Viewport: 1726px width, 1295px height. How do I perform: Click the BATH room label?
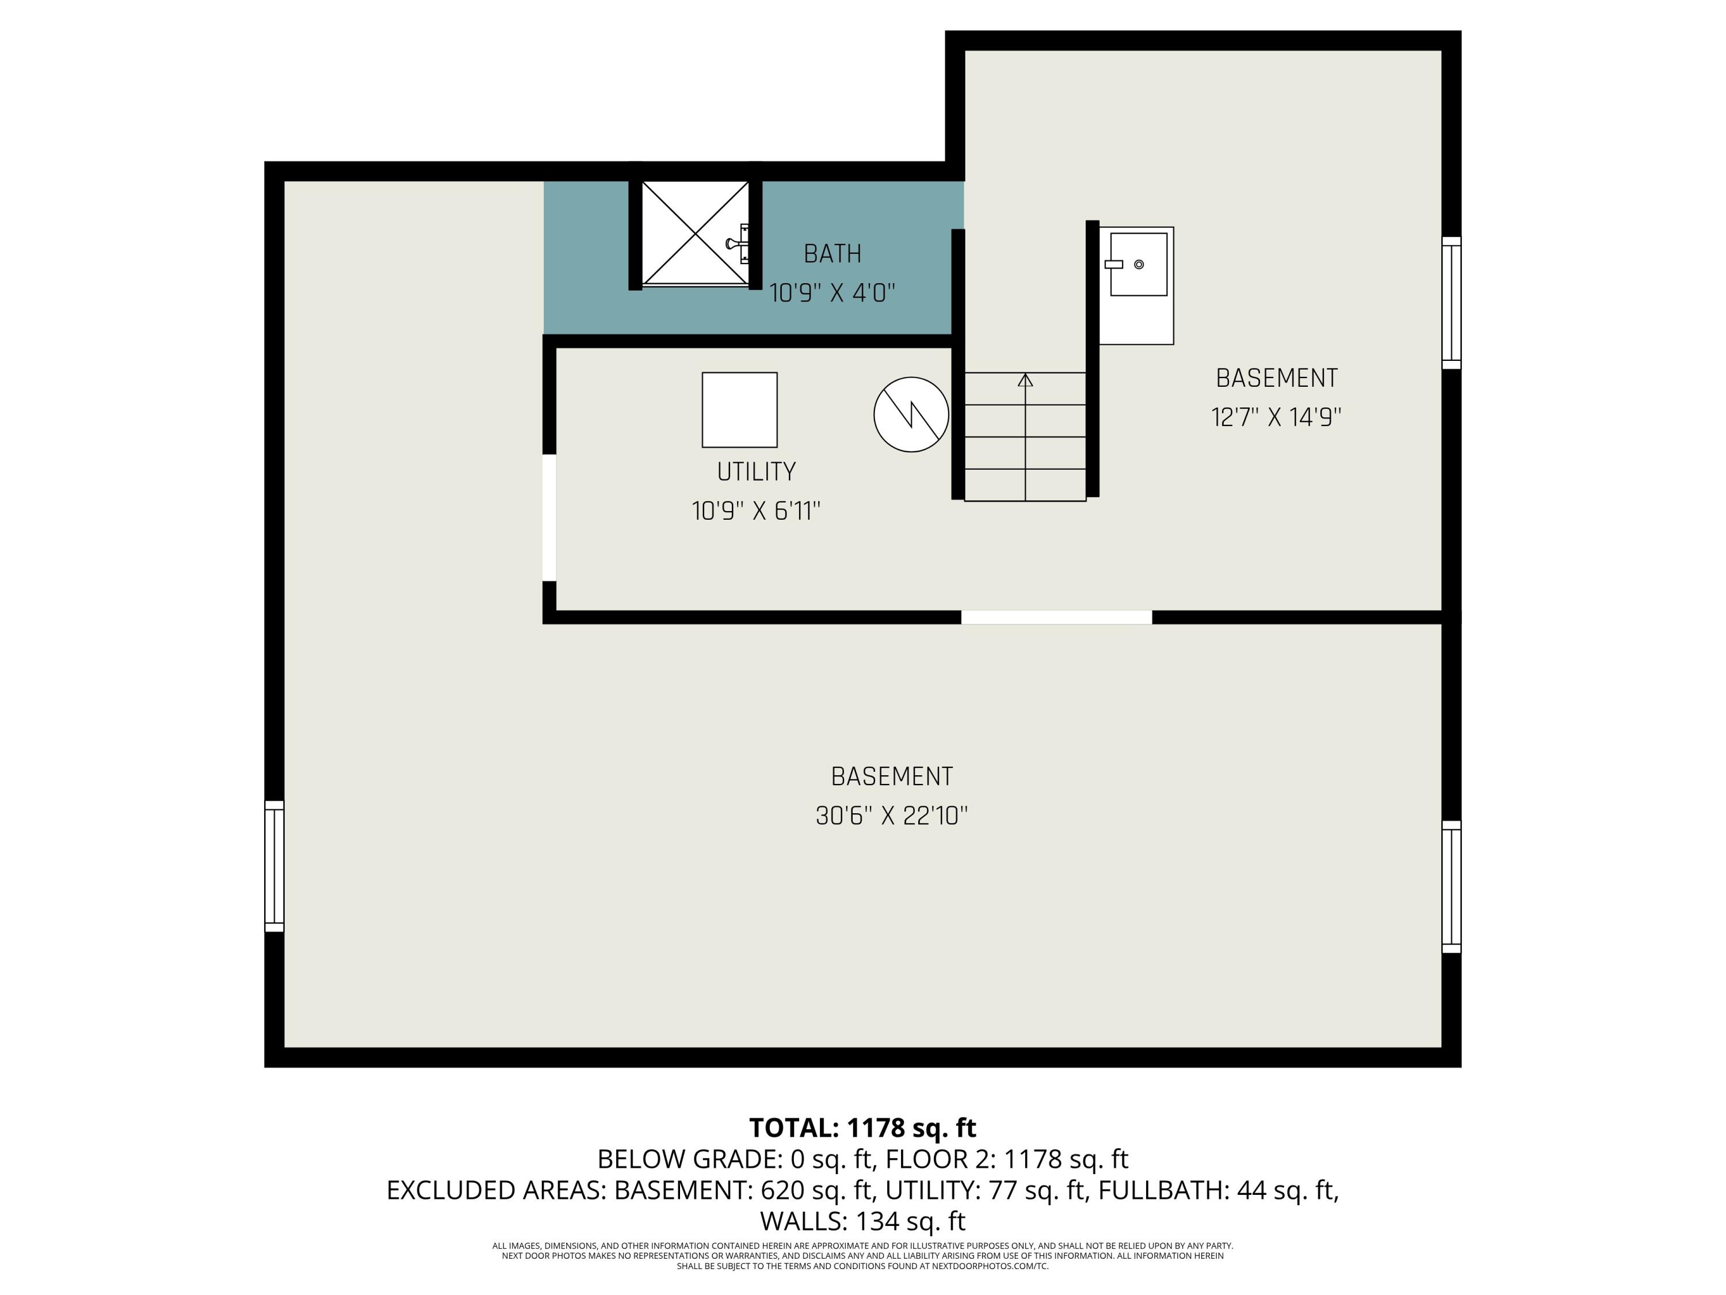(x=832, y=254)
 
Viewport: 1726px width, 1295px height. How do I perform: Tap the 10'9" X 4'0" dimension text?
(x=832, y=294)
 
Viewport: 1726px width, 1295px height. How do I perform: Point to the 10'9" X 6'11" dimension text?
(x=756, y=511)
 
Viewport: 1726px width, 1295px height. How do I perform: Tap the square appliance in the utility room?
(x=739, y=410)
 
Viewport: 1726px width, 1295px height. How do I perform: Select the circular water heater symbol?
(x=911, y=414)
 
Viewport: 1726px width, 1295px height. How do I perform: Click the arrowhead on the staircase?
(x=1025, y=380)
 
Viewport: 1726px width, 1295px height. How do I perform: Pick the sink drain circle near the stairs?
(x=1139, y=265)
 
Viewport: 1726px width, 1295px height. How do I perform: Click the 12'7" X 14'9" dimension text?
(x=1276, y=418)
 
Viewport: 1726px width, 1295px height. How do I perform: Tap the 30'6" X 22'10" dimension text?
(x=891, y=817)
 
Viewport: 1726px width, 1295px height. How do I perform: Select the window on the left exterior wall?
(x=274, y=866)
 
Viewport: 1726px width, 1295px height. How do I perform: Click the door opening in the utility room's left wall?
(x=549, y=517)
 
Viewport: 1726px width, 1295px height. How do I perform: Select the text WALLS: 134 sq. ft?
(x=862, y=1221)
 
